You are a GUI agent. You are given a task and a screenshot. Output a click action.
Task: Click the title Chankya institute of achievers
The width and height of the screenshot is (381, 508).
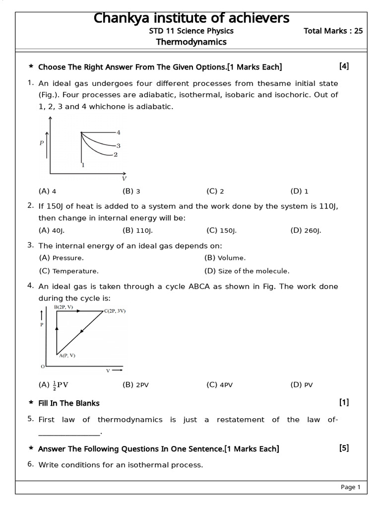coord(191,18)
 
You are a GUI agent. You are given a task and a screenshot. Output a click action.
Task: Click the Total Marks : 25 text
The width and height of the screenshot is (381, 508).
coord(333,31)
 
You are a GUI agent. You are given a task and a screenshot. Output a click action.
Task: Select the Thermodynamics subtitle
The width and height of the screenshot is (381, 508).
coord(191,42)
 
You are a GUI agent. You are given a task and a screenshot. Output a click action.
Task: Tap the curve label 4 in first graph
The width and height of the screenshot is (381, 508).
coord(119,132)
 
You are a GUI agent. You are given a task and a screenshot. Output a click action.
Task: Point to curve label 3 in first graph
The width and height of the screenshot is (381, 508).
coord(118,146)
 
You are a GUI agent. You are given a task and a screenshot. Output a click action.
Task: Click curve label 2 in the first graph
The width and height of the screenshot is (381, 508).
coord(115,155)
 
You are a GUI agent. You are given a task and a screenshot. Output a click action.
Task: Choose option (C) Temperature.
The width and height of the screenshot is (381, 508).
coord(68,271)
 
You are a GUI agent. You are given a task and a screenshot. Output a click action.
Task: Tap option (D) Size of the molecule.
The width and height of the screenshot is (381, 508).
coord(247,271)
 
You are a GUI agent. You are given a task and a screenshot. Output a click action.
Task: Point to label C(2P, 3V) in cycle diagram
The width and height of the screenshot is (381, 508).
coord(115,311)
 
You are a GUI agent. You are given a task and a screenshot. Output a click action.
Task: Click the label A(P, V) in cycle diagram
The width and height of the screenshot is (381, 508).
coord(67,355)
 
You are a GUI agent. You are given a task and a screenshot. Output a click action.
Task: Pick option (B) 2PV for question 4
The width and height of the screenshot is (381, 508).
coord(135,384)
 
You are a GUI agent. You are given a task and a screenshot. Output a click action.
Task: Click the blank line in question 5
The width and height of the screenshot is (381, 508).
coord(69,433)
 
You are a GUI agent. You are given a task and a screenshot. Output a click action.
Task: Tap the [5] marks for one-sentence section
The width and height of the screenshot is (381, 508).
coord(344,448)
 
